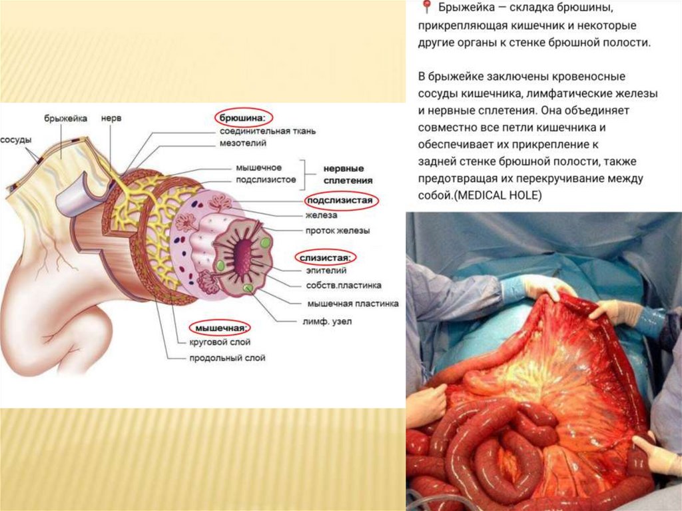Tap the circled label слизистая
326,256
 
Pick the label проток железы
338,231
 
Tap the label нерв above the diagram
110,118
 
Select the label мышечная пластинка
352,303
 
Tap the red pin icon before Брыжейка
426,8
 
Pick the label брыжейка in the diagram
66,118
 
